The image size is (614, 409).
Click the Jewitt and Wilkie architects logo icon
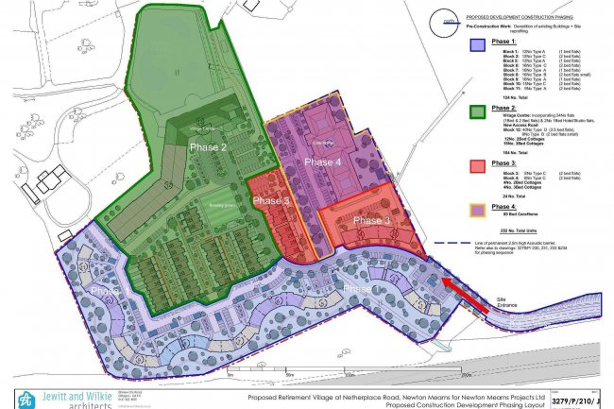coord(23,397)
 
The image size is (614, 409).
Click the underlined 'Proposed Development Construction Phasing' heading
coord(525,17)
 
